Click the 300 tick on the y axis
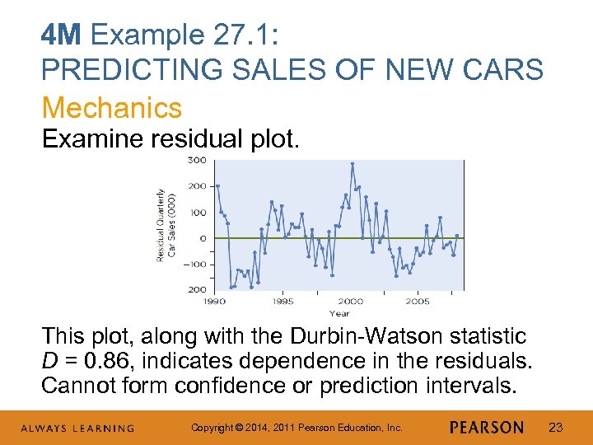(196, 160)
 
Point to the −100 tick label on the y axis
(194, 265)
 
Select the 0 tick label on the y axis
(202, 238)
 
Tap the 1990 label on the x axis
(215, 302)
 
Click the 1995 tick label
(282, 302)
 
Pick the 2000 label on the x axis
(350, 302)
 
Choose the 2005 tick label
(418, 302)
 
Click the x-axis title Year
(339, 313)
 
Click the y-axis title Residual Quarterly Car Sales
(166, 225)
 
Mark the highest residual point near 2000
(353, 164)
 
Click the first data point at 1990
(217, 186)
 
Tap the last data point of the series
(457, 236)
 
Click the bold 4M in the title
(63, 35)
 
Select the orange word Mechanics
(111, 107)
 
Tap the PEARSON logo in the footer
(487, 427)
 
